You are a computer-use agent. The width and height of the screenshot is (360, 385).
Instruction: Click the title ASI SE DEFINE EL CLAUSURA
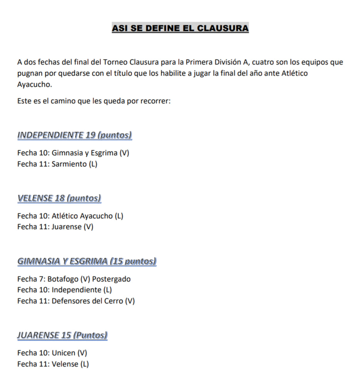[180, 28]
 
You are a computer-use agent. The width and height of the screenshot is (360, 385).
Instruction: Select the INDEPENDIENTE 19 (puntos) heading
[75, 135]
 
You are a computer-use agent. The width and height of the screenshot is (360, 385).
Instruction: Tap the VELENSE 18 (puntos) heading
[59, 198]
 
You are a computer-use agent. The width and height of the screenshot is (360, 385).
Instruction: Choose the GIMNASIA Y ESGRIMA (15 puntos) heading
[87, 262]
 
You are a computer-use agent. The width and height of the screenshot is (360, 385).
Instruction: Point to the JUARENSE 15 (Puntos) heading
[62, 335]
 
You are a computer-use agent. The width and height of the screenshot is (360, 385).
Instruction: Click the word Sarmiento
[69, 164]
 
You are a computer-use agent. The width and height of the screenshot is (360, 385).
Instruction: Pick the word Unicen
[64, 353]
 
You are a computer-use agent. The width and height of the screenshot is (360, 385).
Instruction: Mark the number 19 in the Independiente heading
[90, 135]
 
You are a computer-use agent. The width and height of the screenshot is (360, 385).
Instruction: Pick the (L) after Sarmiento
[93, 164]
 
